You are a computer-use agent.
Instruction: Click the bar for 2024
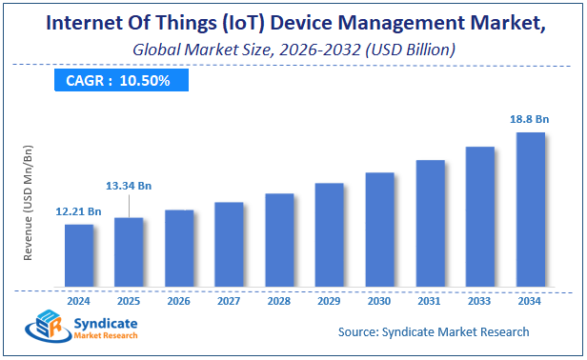79,256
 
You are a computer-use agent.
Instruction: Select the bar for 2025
129,252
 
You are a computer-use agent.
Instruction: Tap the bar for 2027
229,245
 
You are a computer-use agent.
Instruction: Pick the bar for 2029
329,235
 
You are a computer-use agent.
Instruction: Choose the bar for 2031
430,224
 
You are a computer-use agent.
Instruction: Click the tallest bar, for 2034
530,210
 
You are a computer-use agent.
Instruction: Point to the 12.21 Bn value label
79,210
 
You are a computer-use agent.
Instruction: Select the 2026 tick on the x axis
179,301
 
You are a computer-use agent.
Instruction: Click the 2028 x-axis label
279,301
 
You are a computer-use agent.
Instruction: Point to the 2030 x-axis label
379,301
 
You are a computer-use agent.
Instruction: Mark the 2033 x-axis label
480,301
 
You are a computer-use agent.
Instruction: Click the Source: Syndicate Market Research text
434,331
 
